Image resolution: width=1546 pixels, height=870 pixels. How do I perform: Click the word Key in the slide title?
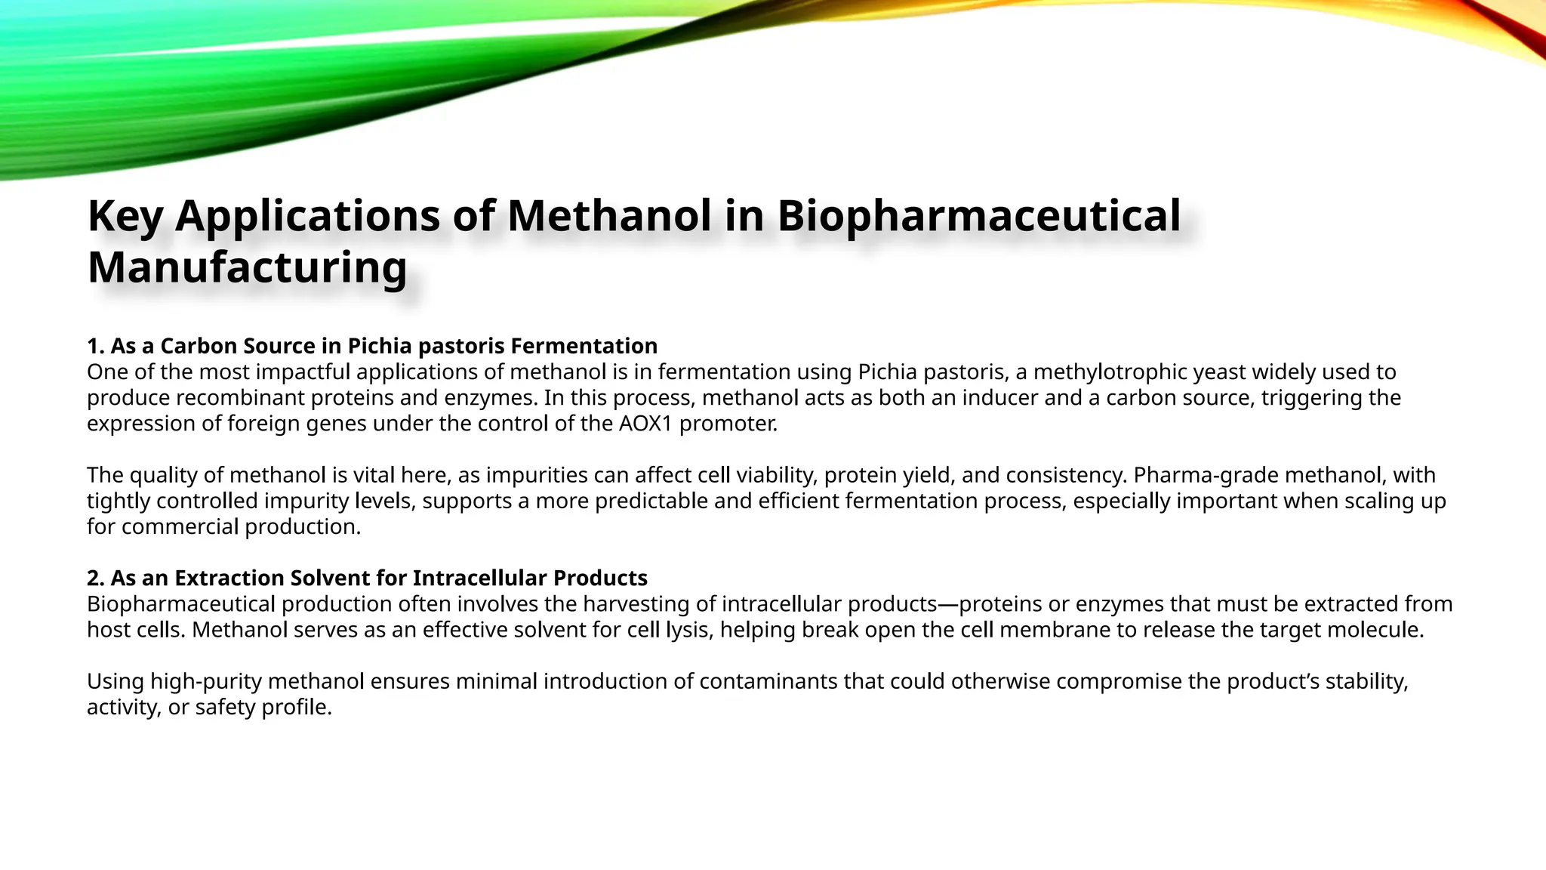pos(125,216)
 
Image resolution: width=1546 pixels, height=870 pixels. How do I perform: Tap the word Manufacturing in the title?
pos(248,267)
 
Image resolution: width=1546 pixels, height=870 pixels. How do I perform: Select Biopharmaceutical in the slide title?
pos(978,216)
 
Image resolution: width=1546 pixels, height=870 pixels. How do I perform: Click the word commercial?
pos(180,527)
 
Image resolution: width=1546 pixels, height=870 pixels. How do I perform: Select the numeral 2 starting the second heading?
pos(94,578)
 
